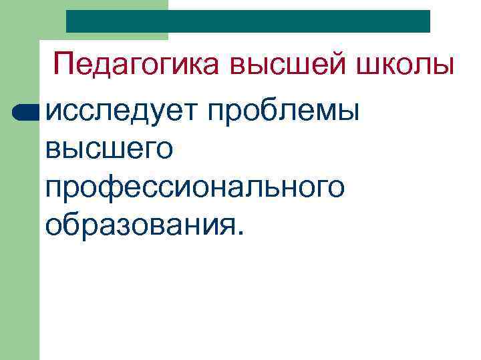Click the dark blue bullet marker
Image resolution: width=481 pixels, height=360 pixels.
[26, 113]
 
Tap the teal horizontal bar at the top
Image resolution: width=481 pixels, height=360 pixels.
[248, 21]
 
